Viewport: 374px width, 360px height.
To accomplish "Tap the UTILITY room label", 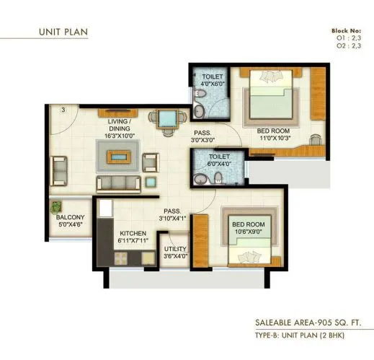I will coord(175,252).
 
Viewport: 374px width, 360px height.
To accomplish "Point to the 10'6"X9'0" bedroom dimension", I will coord(247,233).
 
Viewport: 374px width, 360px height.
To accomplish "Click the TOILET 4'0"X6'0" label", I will coord(213,79).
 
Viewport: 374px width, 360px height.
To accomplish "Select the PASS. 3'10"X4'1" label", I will coord(173,214).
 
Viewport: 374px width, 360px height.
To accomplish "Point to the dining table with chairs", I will coord(166,118).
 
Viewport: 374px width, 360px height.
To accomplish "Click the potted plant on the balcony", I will coord(57,207).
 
